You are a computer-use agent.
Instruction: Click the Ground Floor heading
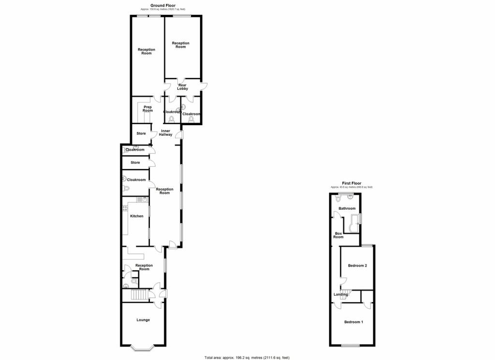coord(162,5)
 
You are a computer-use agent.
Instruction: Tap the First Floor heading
coord(351,183)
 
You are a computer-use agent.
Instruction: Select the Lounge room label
coord(143,320)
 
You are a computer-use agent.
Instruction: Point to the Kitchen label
coord(137,216)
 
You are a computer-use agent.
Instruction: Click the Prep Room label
coord(147,109)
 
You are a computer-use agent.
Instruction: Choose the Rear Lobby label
coord(182,87)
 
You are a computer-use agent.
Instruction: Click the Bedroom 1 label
coord(353,322)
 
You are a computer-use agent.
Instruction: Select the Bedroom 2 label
coord(358,266)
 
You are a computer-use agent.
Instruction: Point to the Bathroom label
coord(347,209)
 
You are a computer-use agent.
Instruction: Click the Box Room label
coord(338,235)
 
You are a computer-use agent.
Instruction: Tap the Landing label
coord(340,294)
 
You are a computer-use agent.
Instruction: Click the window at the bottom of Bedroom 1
coord(350,346)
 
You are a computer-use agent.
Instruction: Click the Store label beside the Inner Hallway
coord(141,134)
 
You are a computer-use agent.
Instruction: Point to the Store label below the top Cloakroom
coord(135,163)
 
